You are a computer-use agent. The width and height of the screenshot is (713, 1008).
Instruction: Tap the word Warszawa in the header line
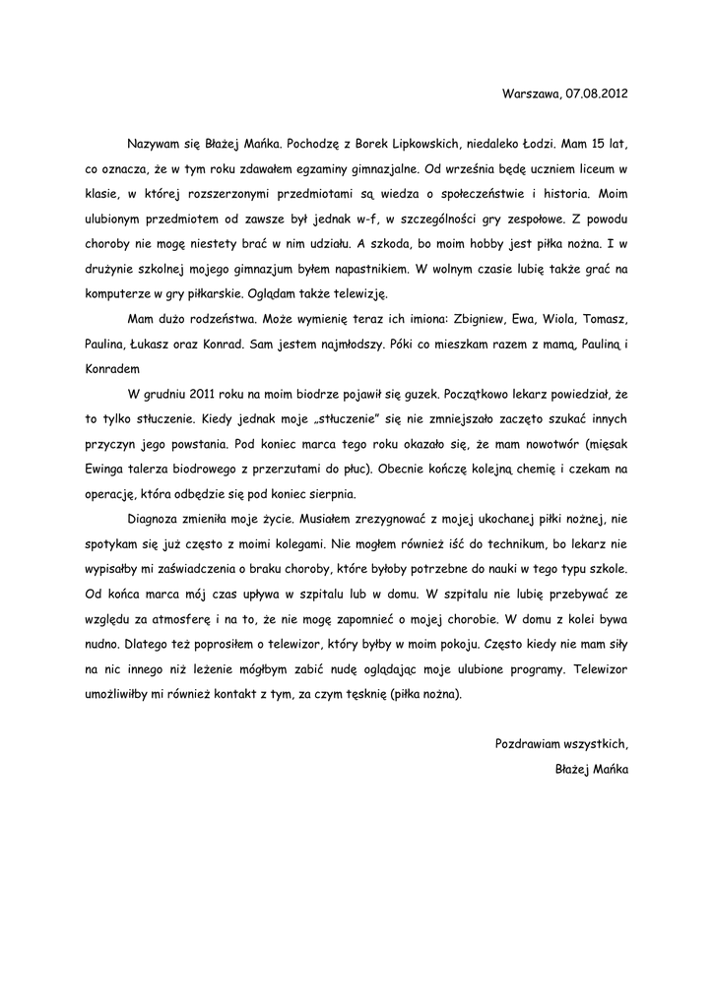(x=532, y=94)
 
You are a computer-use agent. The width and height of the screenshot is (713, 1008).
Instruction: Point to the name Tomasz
(x=605, y=320)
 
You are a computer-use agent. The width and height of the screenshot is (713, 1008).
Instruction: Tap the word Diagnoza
(x=157, y=520)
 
